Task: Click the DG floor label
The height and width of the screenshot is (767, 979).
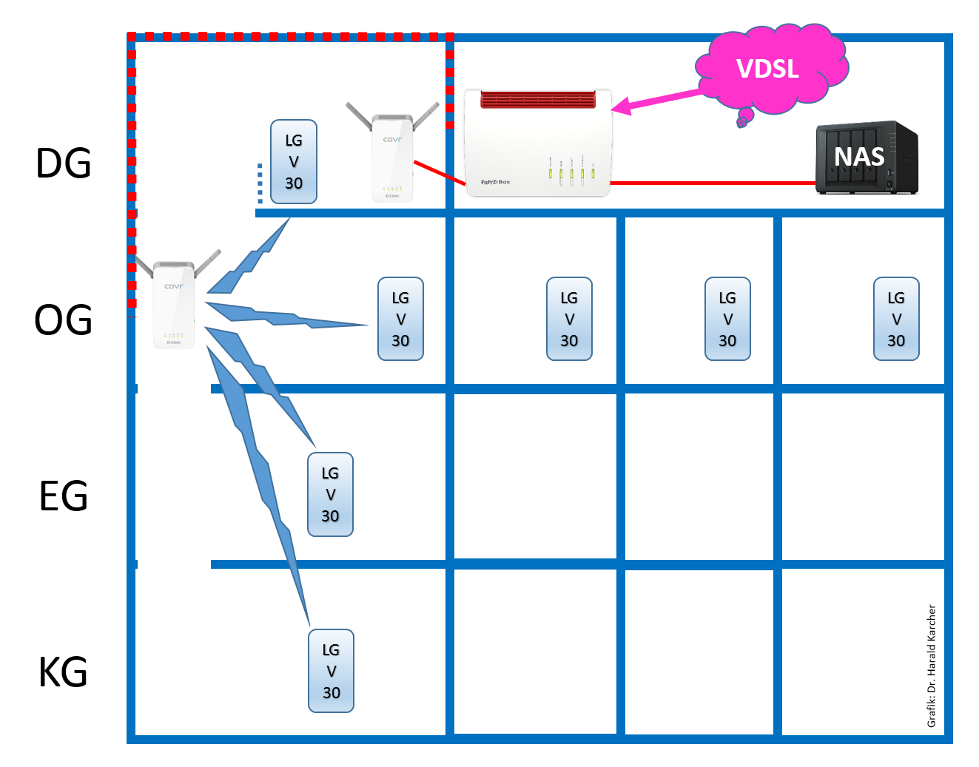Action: pyautogui.click(x=64, y=163)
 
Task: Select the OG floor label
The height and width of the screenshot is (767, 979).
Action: pyautogui.click(x=64, y=320)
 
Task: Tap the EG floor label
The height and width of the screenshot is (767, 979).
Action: pyautogui.click(x=64, y=496)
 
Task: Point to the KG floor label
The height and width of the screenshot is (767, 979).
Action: pyautogui.click(x=64, y=672)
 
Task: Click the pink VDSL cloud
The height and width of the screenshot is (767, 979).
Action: pyautogui.click(x=770, y=69)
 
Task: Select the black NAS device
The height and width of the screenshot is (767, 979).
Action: pyautogui.click(x=866, y=158)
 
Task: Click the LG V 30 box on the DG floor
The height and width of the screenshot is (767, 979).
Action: pyautogui.click(x=294, y=162)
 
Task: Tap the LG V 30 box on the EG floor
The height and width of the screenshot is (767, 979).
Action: pyautogui.click(x=330, y=495)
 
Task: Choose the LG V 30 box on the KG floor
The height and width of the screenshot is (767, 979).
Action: pyautogui.click(x=331, y=671)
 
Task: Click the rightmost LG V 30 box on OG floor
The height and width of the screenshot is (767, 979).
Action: pyautogui.click(x=896, y=319)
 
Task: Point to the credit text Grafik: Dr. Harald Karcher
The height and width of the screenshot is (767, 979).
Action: pyautogui.click(x=932, y=666)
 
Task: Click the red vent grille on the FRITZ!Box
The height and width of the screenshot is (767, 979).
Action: pyautogui.click(x=538, y=99)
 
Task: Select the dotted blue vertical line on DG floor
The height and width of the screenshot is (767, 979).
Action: pyautogui.click(x=260, y=183)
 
